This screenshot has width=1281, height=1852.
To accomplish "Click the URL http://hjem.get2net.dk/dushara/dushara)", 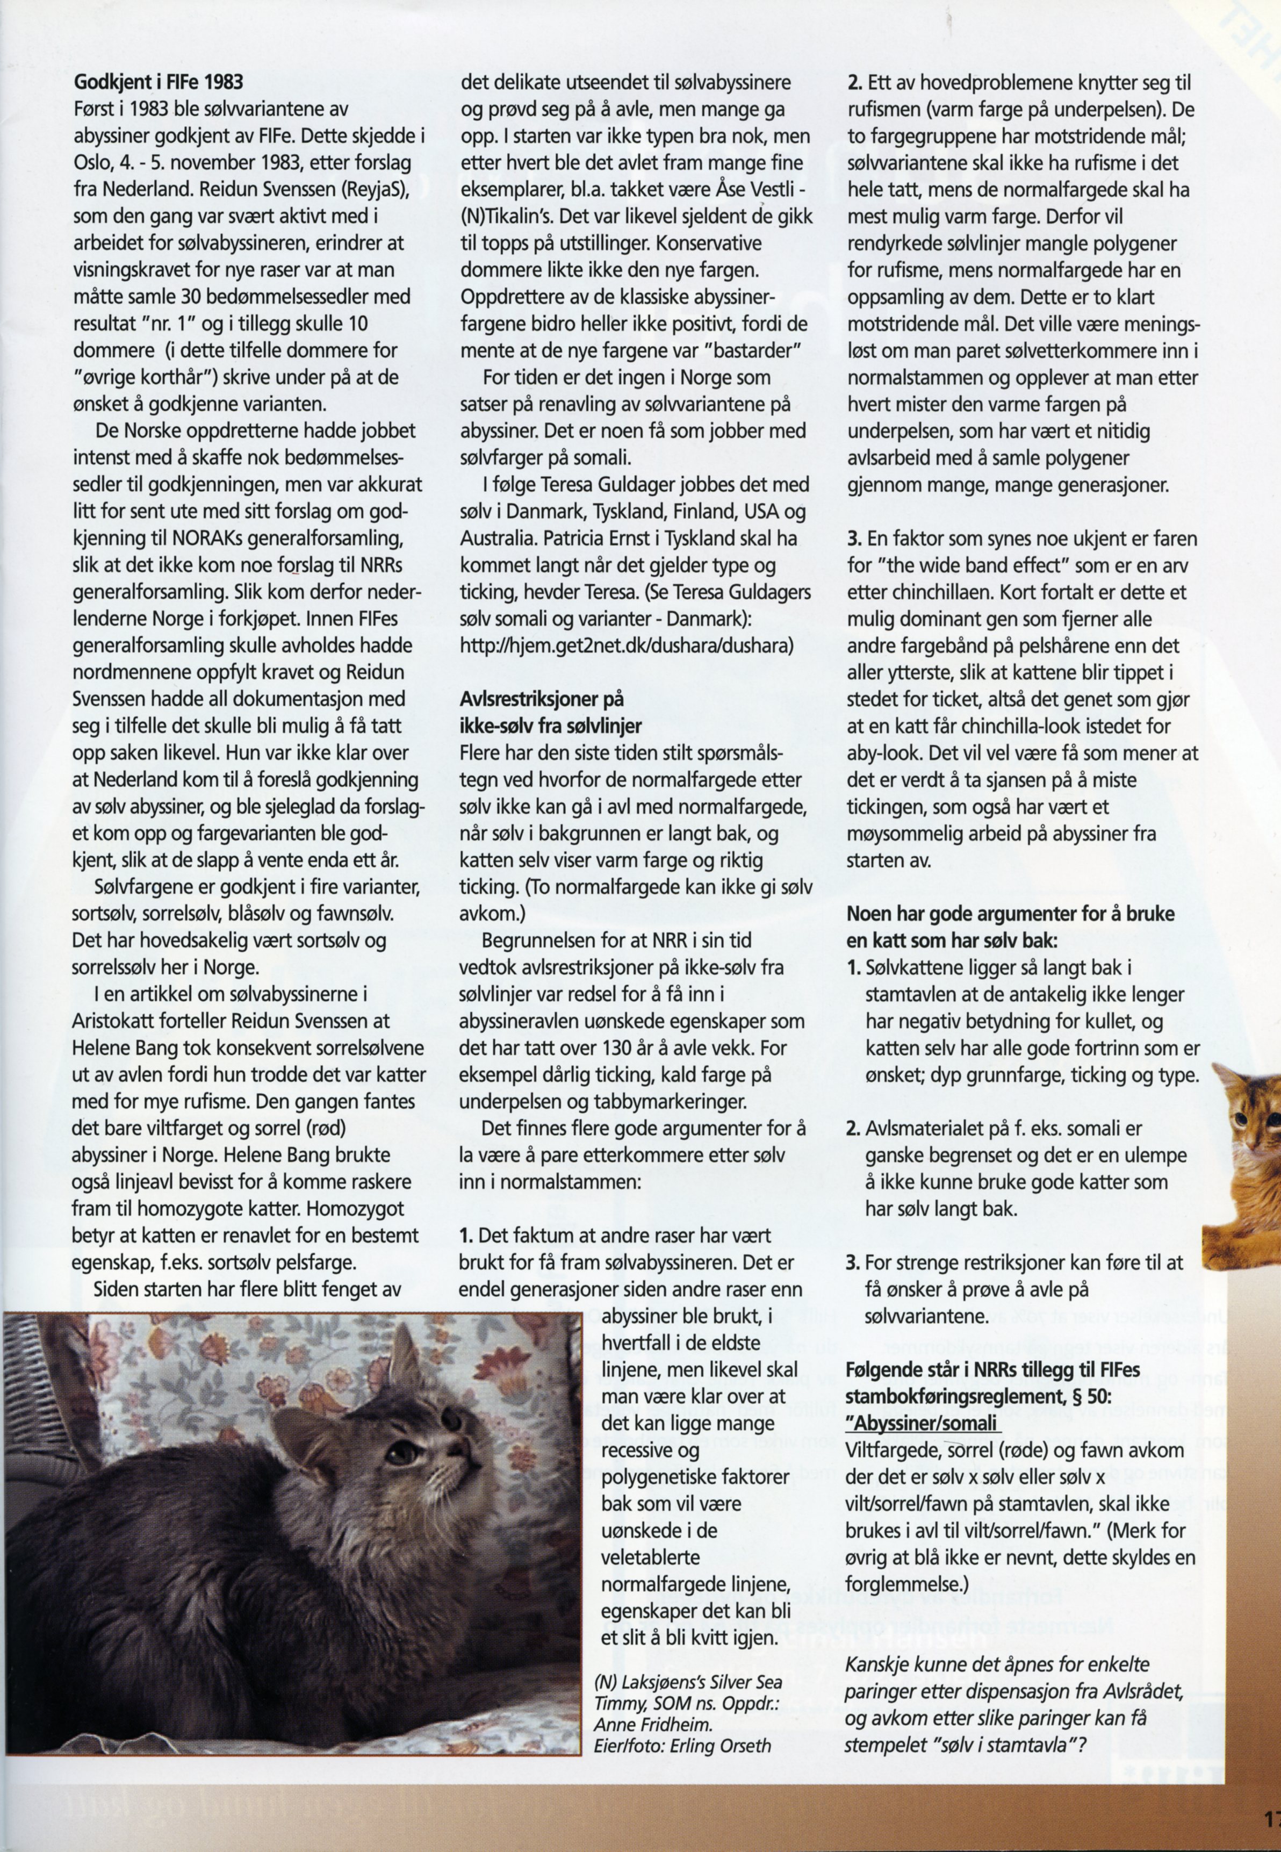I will [x=626, y=644].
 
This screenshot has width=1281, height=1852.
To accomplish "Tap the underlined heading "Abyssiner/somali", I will [x=923, y=1422].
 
